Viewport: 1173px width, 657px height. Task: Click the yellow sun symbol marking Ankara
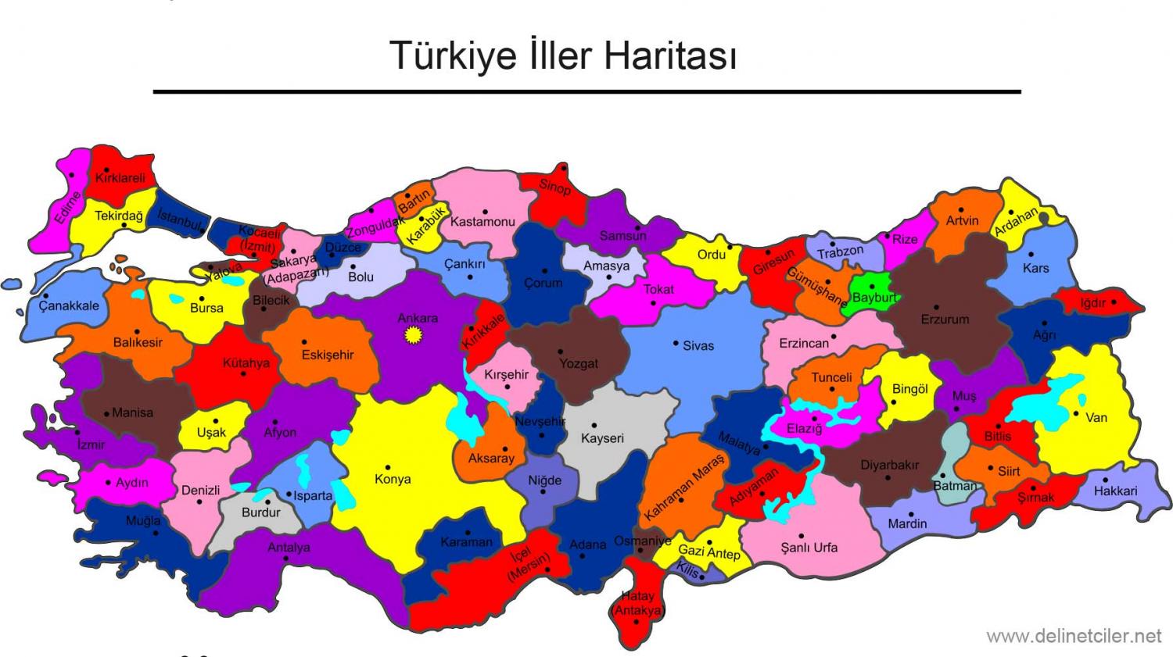[411, 335]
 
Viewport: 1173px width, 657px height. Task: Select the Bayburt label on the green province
[873, 298]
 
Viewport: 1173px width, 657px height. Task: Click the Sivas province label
[698, 345]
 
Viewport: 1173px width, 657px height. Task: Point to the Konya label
[393, 479]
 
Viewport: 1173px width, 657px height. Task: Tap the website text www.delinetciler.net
[1074, 636]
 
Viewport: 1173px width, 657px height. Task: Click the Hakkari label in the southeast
[1115, 491]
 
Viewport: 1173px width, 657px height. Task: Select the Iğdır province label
[1092, 303]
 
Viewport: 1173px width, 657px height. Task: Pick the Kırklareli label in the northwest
[120, 178]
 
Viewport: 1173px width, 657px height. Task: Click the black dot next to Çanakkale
[46, 295]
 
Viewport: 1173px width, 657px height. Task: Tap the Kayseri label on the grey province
[602, 438]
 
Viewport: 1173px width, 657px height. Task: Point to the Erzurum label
[944, 319]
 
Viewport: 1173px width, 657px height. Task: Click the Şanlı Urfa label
[809, 548]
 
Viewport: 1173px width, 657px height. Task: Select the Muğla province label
[143, 520]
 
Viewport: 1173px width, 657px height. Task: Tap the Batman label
[955, 485]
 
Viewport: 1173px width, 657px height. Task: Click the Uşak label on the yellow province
[211, 432]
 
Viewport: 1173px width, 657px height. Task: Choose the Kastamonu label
[482, 222]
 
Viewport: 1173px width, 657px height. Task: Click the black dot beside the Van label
[1077, 414]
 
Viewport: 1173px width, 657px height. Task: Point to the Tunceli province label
[831, 377]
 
